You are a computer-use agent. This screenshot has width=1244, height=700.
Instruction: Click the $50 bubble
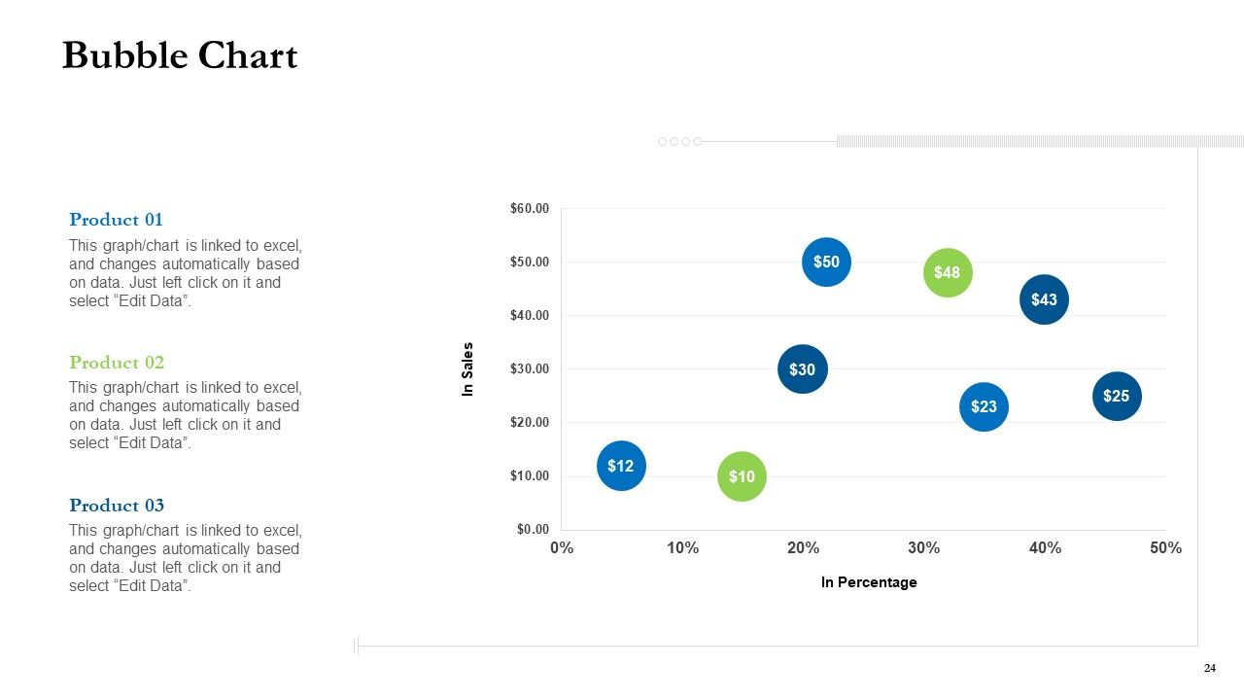[x=826, y=262]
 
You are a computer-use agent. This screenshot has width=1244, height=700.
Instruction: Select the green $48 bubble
[x=948, y=273]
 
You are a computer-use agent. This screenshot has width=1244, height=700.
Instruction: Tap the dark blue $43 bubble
[x=1044, y=299]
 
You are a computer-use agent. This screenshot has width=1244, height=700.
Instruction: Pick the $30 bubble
[x=803, y=368]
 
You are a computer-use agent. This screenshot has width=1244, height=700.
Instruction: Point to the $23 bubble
[x=984, y=406]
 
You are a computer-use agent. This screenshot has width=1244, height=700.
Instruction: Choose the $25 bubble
[x=1117, y=396]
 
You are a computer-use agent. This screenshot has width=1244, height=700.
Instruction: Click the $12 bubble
[x=621, y=466]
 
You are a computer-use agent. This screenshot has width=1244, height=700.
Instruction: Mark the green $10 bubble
[x=742, y=476]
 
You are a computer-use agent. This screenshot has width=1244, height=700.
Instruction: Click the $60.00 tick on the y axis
[x=530, y=208]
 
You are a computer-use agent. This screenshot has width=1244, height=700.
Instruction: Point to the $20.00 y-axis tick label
[x=530, y=422]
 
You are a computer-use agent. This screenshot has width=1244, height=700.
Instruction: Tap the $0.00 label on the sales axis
[x=533, y=529]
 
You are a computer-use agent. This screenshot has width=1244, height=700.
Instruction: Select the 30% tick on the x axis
[x=923, y=547]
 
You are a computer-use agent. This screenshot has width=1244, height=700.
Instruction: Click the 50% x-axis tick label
[x=1165, y=547]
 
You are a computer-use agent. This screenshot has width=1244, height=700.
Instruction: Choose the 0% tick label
[x=562, y=547]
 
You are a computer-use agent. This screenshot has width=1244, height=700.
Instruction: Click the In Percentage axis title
[x=869, y=582]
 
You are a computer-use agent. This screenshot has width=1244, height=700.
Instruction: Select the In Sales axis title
[x=467, y=368]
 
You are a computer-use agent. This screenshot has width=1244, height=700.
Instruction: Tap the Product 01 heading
[x=116, y=220]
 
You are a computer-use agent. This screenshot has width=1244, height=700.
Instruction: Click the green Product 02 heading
[x=117, y=363]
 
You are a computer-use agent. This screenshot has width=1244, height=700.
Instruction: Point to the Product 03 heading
[x=117, y=505]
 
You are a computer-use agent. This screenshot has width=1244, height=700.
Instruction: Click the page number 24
[x=1210, y=668]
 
